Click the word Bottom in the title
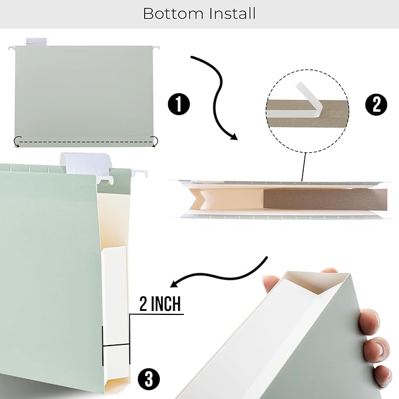click(x=172, y=14)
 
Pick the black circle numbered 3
click(x=149, y=379)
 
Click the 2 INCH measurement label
click(x=159, y=304)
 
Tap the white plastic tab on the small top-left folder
click(x=35, y=42)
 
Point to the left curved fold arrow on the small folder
click(x=18, y=142)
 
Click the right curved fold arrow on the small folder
click(x=155, y=141)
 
